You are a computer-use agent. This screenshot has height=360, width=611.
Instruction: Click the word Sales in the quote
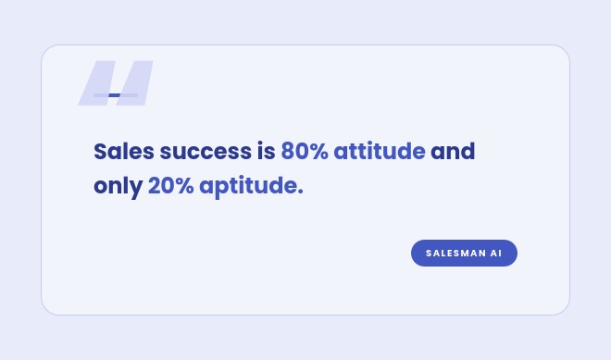(124, 151)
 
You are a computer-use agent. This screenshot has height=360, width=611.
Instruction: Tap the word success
(206, 152)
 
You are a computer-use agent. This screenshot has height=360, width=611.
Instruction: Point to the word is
(266, 151)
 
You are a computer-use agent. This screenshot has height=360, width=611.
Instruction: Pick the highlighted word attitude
(380, 151)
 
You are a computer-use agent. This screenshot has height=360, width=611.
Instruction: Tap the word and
(453, 151)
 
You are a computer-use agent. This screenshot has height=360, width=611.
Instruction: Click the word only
(118, 186)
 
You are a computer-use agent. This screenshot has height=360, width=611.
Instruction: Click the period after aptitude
(300, 192)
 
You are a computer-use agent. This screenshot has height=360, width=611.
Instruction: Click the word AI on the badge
(495, 254)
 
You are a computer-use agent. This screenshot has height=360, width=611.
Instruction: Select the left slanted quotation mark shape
(96, 83)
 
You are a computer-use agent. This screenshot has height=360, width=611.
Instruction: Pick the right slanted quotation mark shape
(134, 83)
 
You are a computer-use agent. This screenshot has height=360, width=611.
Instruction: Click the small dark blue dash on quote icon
(114, 95)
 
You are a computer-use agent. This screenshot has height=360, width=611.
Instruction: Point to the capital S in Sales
(100, 151)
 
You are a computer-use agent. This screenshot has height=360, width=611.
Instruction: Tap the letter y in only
(137, 190)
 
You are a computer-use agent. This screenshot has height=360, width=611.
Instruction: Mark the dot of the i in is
(260, 144)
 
